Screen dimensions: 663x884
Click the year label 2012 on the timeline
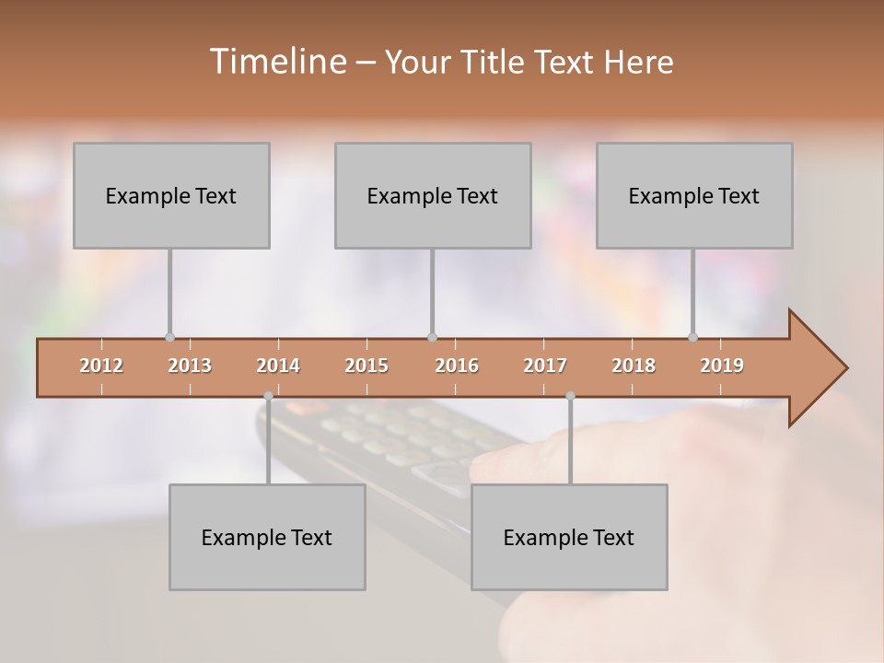click(101, 366)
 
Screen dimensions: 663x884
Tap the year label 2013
click(190, 366)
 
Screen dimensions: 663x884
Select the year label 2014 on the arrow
click(278, 366)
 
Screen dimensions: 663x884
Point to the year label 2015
click(366, 366)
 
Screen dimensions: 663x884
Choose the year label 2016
click(457, 366)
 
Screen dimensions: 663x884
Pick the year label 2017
click(545, 366)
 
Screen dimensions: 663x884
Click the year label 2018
click(634, 366)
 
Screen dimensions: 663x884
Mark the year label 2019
click(722, 366)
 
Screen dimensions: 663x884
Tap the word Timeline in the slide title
click(277, 62)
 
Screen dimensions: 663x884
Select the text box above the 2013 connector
click(171, 195)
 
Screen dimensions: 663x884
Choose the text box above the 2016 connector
click(433, 195)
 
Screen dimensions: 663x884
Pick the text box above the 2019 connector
click(694, 195)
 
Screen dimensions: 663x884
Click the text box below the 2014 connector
click(267, 537)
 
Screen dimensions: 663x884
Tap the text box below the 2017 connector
click(569, 537)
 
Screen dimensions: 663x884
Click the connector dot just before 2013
click(169, 338)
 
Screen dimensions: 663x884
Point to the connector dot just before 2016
click(432, 338)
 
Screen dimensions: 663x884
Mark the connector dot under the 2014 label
click(268, 396)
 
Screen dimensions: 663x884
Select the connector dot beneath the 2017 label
click(570, 396)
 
